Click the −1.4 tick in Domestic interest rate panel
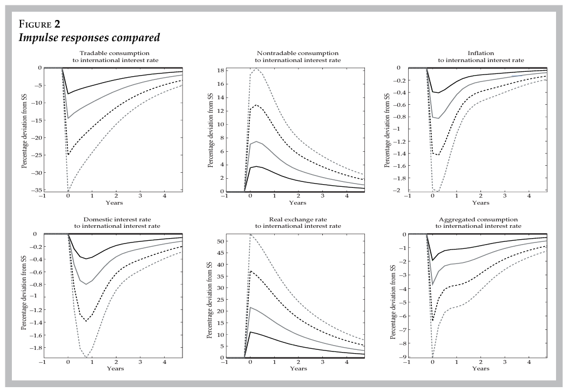(33, 322)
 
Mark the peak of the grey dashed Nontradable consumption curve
(257, 69)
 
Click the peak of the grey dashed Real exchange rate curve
(250, 234)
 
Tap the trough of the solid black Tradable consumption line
(68, 94)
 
